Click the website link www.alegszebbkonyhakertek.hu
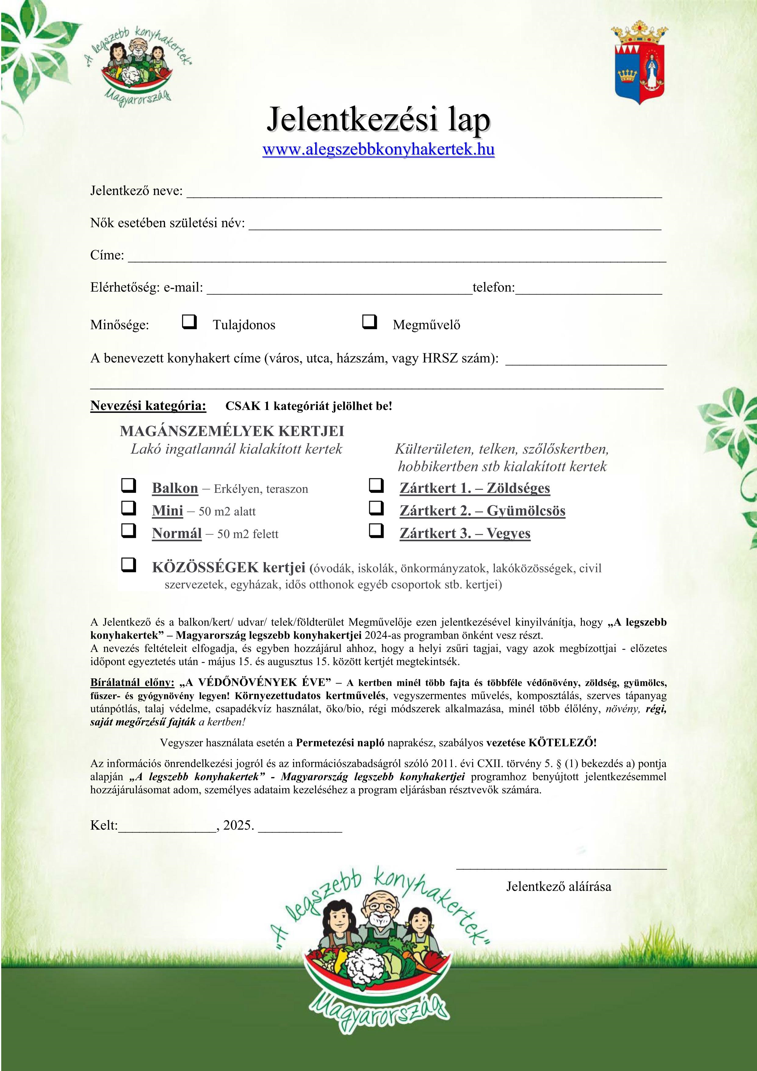click(378, 150)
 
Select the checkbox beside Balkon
click(129, 486)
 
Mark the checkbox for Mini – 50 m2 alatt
click(129, 508)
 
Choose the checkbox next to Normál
click(129, 530)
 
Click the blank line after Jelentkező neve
click(424, 195)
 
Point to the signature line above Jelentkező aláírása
click(561, 868)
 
